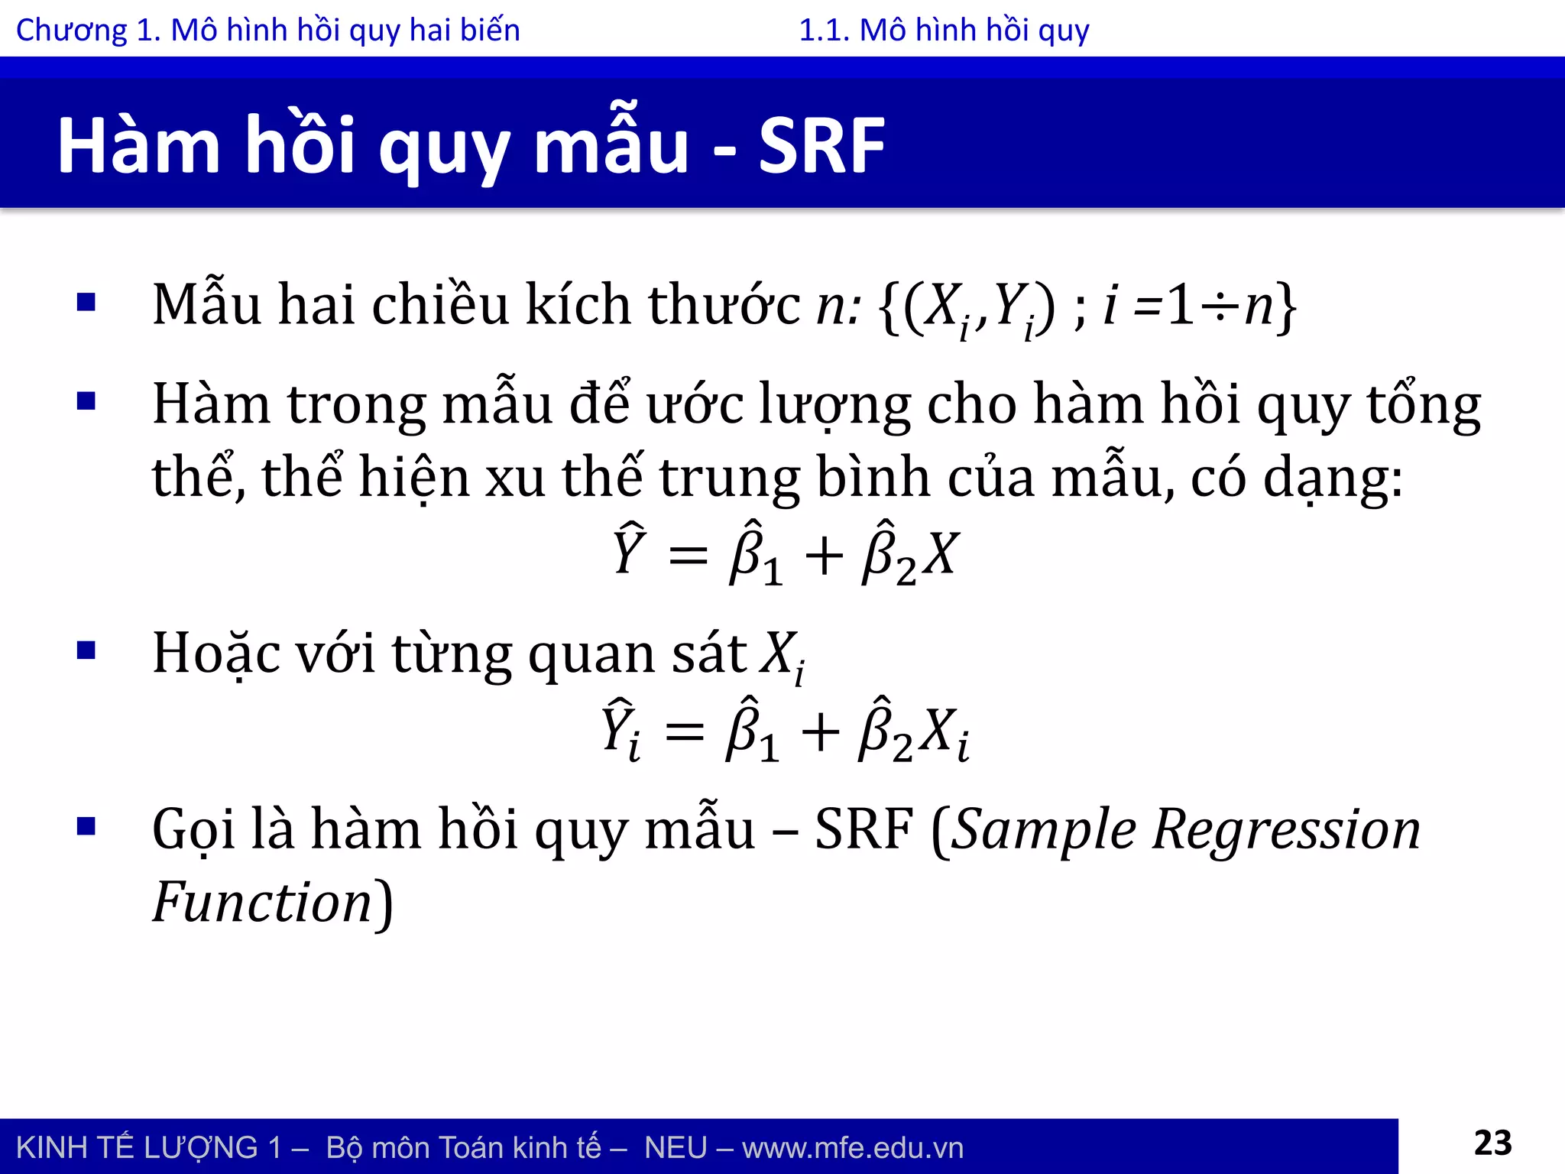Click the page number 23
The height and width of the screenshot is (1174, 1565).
[1492, 1143]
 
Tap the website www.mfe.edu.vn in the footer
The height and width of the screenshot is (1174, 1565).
[852, 1148]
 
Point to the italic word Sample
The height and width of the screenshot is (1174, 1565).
[1044, 831]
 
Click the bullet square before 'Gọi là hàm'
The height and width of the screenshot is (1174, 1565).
[86, 826]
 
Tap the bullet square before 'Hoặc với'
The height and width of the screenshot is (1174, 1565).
[86, 651]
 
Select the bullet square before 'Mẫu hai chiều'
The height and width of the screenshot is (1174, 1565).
[86, 303]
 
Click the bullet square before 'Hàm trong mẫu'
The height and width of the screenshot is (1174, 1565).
[86, 401]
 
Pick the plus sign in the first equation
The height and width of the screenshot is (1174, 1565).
[824, 556]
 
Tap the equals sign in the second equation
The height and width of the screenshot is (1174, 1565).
[684, 731]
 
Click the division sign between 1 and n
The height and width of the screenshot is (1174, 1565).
[1220, 306]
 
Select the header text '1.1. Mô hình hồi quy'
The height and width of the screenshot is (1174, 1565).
[944, 31]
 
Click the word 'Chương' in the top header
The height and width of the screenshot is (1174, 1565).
[72, 31]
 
